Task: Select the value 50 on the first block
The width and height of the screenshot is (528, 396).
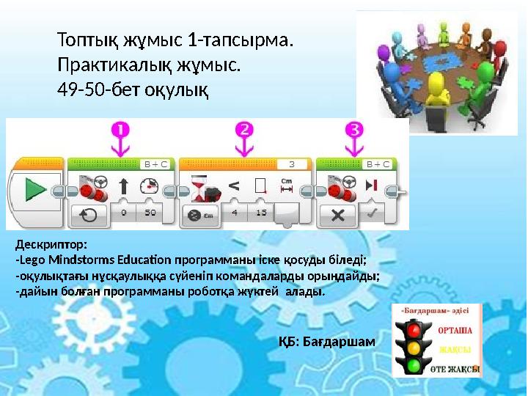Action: tap(150, 213)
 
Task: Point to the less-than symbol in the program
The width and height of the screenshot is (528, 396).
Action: tap(233, 186)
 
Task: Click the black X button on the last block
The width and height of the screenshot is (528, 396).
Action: tap(338, 214)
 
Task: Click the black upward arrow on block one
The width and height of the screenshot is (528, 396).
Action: tap(123, 186)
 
